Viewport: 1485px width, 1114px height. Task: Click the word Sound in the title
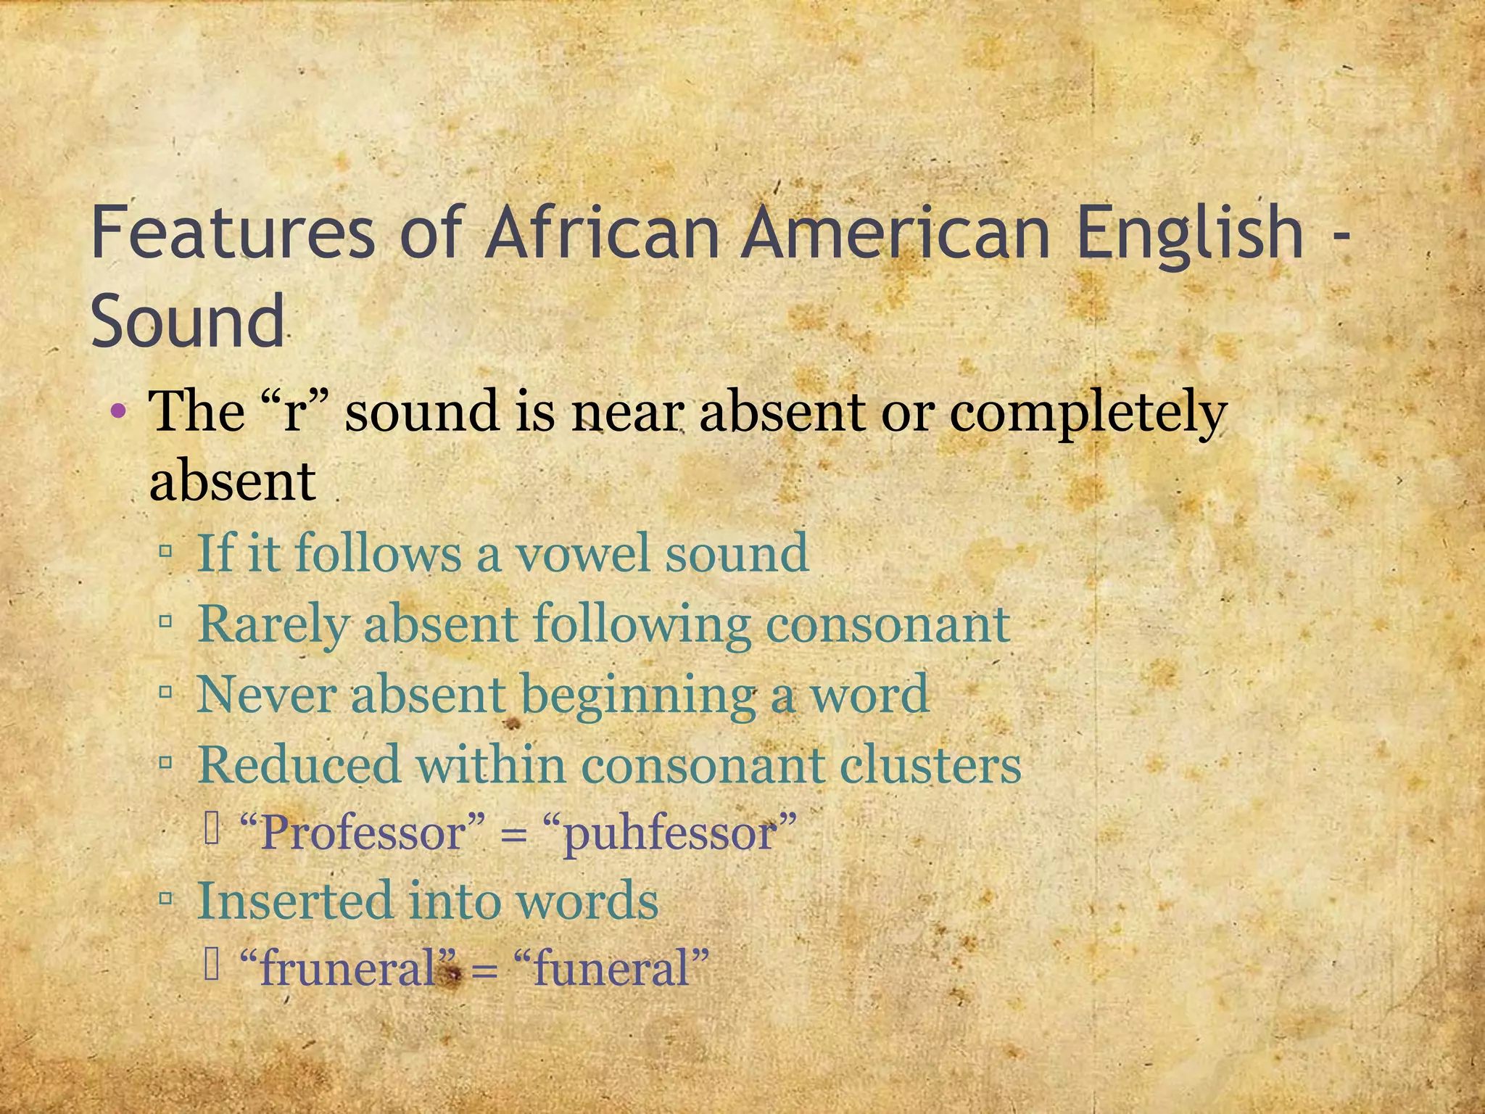tap(188, 321)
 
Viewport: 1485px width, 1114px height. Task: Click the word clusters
tap(931, 764)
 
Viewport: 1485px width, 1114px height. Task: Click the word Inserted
tap(294, 901)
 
